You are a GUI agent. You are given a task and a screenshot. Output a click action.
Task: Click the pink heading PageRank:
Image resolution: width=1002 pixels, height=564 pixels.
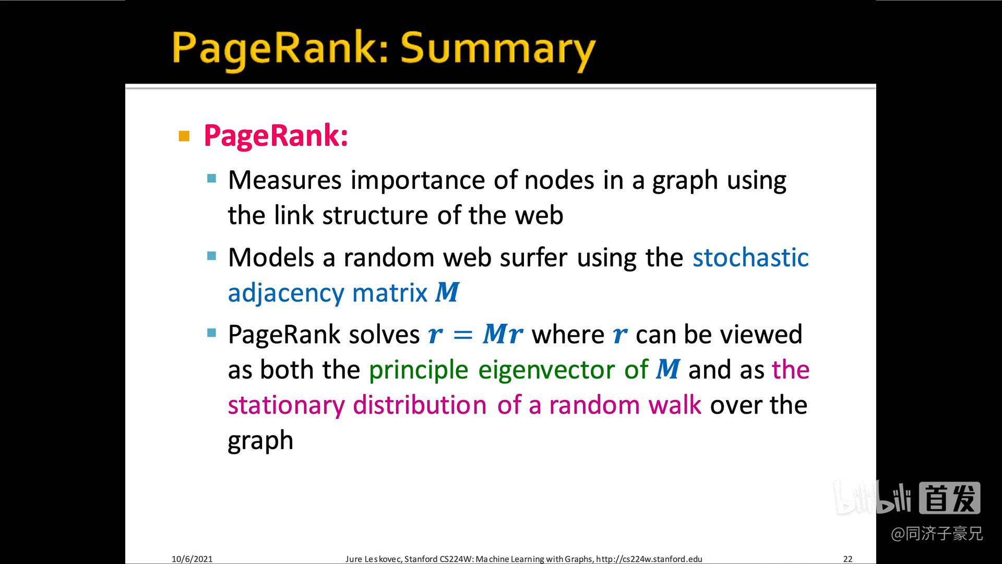[x=276, y=135]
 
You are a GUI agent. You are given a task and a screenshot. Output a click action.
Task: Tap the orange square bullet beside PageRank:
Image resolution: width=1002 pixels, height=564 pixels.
[x=184, y=136]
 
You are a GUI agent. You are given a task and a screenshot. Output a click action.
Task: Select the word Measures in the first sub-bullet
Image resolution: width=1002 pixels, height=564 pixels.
[x=285, y=180]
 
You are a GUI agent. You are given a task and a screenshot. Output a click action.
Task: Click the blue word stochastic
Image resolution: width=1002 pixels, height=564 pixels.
[x=750, y=257]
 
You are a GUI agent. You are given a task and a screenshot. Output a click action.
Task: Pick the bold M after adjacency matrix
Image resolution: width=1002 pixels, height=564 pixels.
[x=447, y=292]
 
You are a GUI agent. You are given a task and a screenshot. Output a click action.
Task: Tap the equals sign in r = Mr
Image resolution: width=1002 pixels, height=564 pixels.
[x=463, y=335]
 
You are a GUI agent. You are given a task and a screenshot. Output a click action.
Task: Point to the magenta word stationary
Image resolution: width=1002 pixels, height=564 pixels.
[x=286, y=405]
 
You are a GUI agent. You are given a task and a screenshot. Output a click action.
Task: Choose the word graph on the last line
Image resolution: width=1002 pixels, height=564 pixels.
[x=260, y=441]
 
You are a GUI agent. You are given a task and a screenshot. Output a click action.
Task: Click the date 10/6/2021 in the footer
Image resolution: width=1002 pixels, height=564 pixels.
[x=192, y=559]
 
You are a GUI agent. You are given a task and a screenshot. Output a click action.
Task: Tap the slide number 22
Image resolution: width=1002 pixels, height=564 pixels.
[x=848, y=559]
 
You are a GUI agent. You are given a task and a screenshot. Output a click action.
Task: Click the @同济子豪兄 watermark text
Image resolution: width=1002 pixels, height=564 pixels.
[x=937, y=534]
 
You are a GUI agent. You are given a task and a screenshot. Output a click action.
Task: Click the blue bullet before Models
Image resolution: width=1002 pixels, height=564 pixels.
[x=211, y=256]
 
